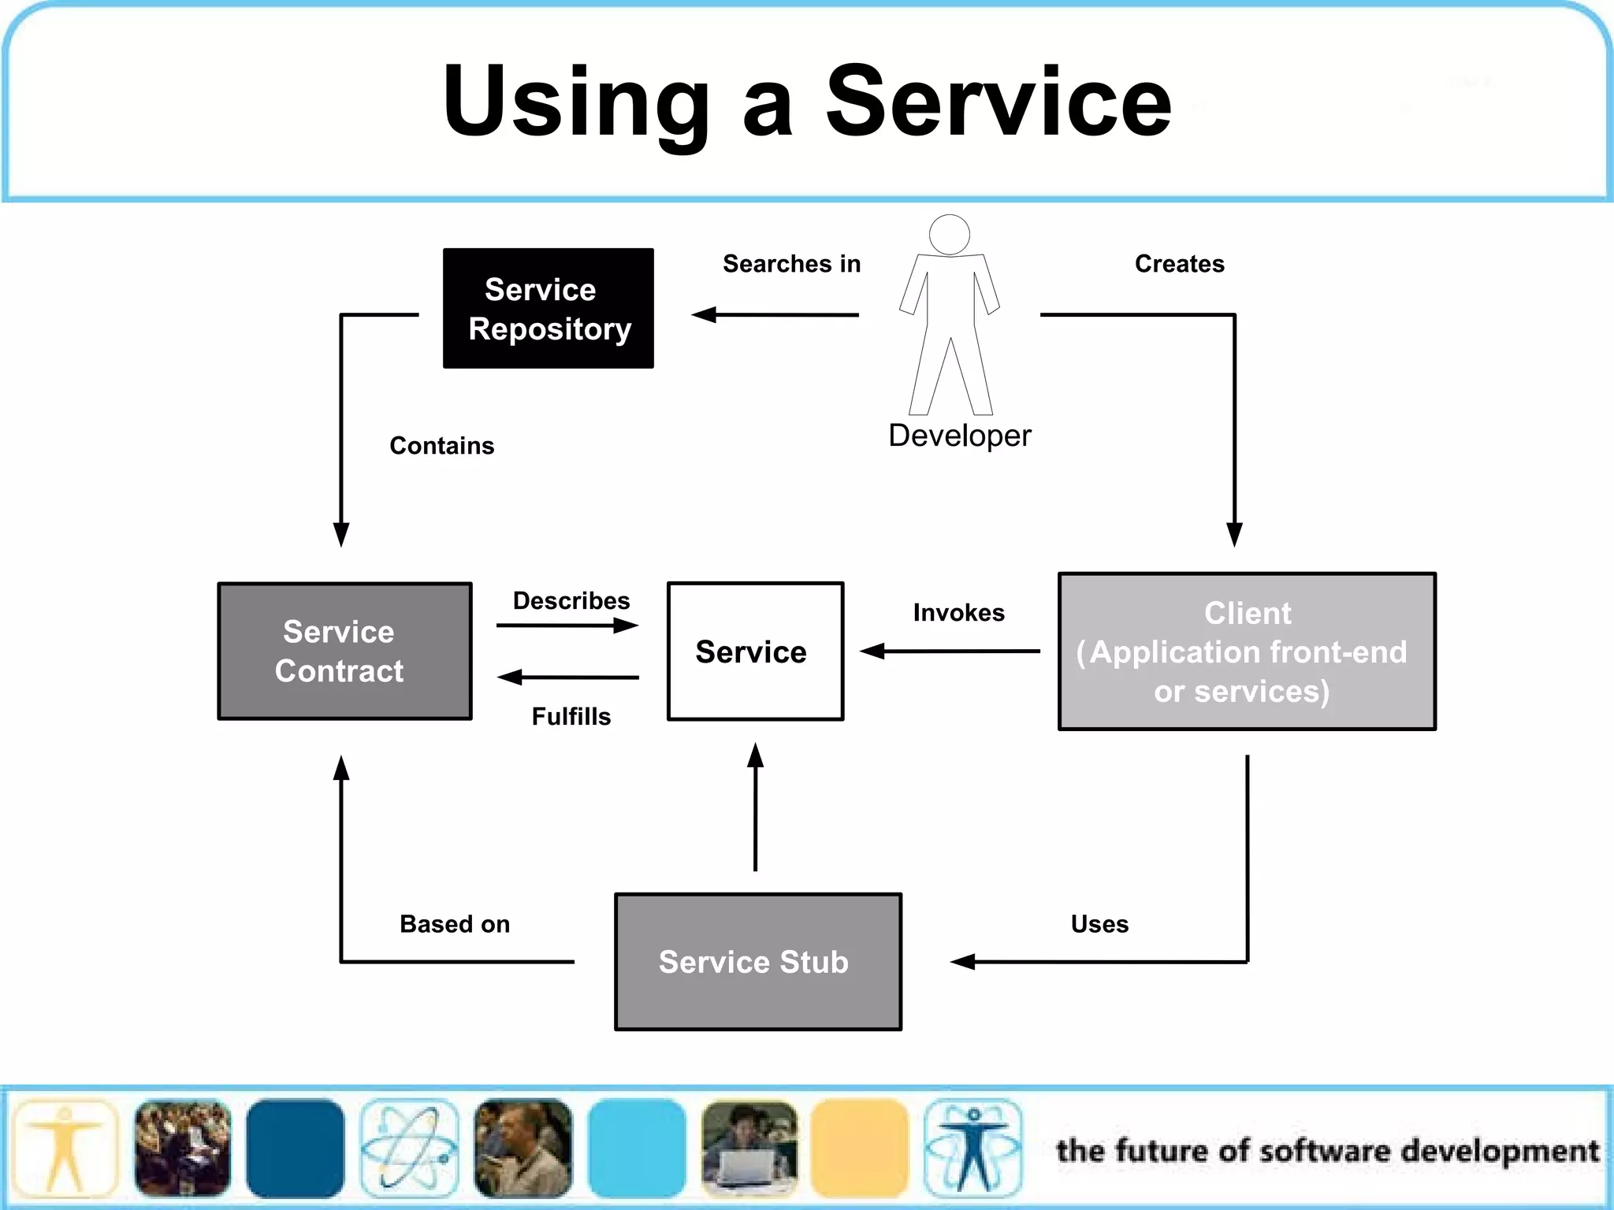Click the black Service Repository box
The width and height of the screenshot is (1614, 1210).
point(548,308)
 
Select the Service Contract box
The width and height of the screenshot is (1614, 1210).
point(344,651)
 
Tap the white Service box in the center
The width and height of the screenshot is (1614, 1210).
point(755,651)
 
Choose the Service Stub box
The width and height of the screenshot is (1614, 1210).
point(757,961)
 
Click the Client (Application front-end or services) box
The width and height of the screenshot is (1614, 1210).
point(1246,651)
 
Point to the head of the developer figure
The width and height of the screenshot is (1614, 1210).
point(949,234)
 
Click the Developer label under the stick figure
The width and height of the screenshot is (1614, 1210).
point(959,436)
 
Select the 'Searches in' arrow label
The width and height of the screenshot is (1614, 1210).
point(791,264)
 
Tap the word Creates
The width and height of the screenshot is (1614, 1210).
point(1179,264)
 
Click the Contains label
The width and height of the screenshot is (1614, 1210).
point(441,446)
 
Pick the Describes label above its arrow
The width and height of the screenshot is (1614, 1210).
point(571,601)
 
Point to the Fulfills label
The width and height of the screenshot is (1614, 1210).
point(571,717)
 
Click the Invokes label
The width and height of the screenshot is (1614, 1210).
point(958,613)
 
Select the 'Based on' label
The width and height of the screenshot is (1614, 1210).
point(454,924)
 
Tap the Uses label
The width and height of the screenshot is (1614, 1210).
point(1099,924)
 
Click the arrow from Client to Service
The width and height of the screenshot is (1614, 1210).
point(950,651)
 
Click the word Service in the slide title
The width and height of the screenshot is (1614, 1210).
point(998,101)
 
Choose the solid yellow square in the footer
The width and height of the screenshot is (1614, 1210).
point(859,1148)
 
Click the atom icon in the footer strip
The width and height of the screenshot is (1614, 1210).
point(409,1148)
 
